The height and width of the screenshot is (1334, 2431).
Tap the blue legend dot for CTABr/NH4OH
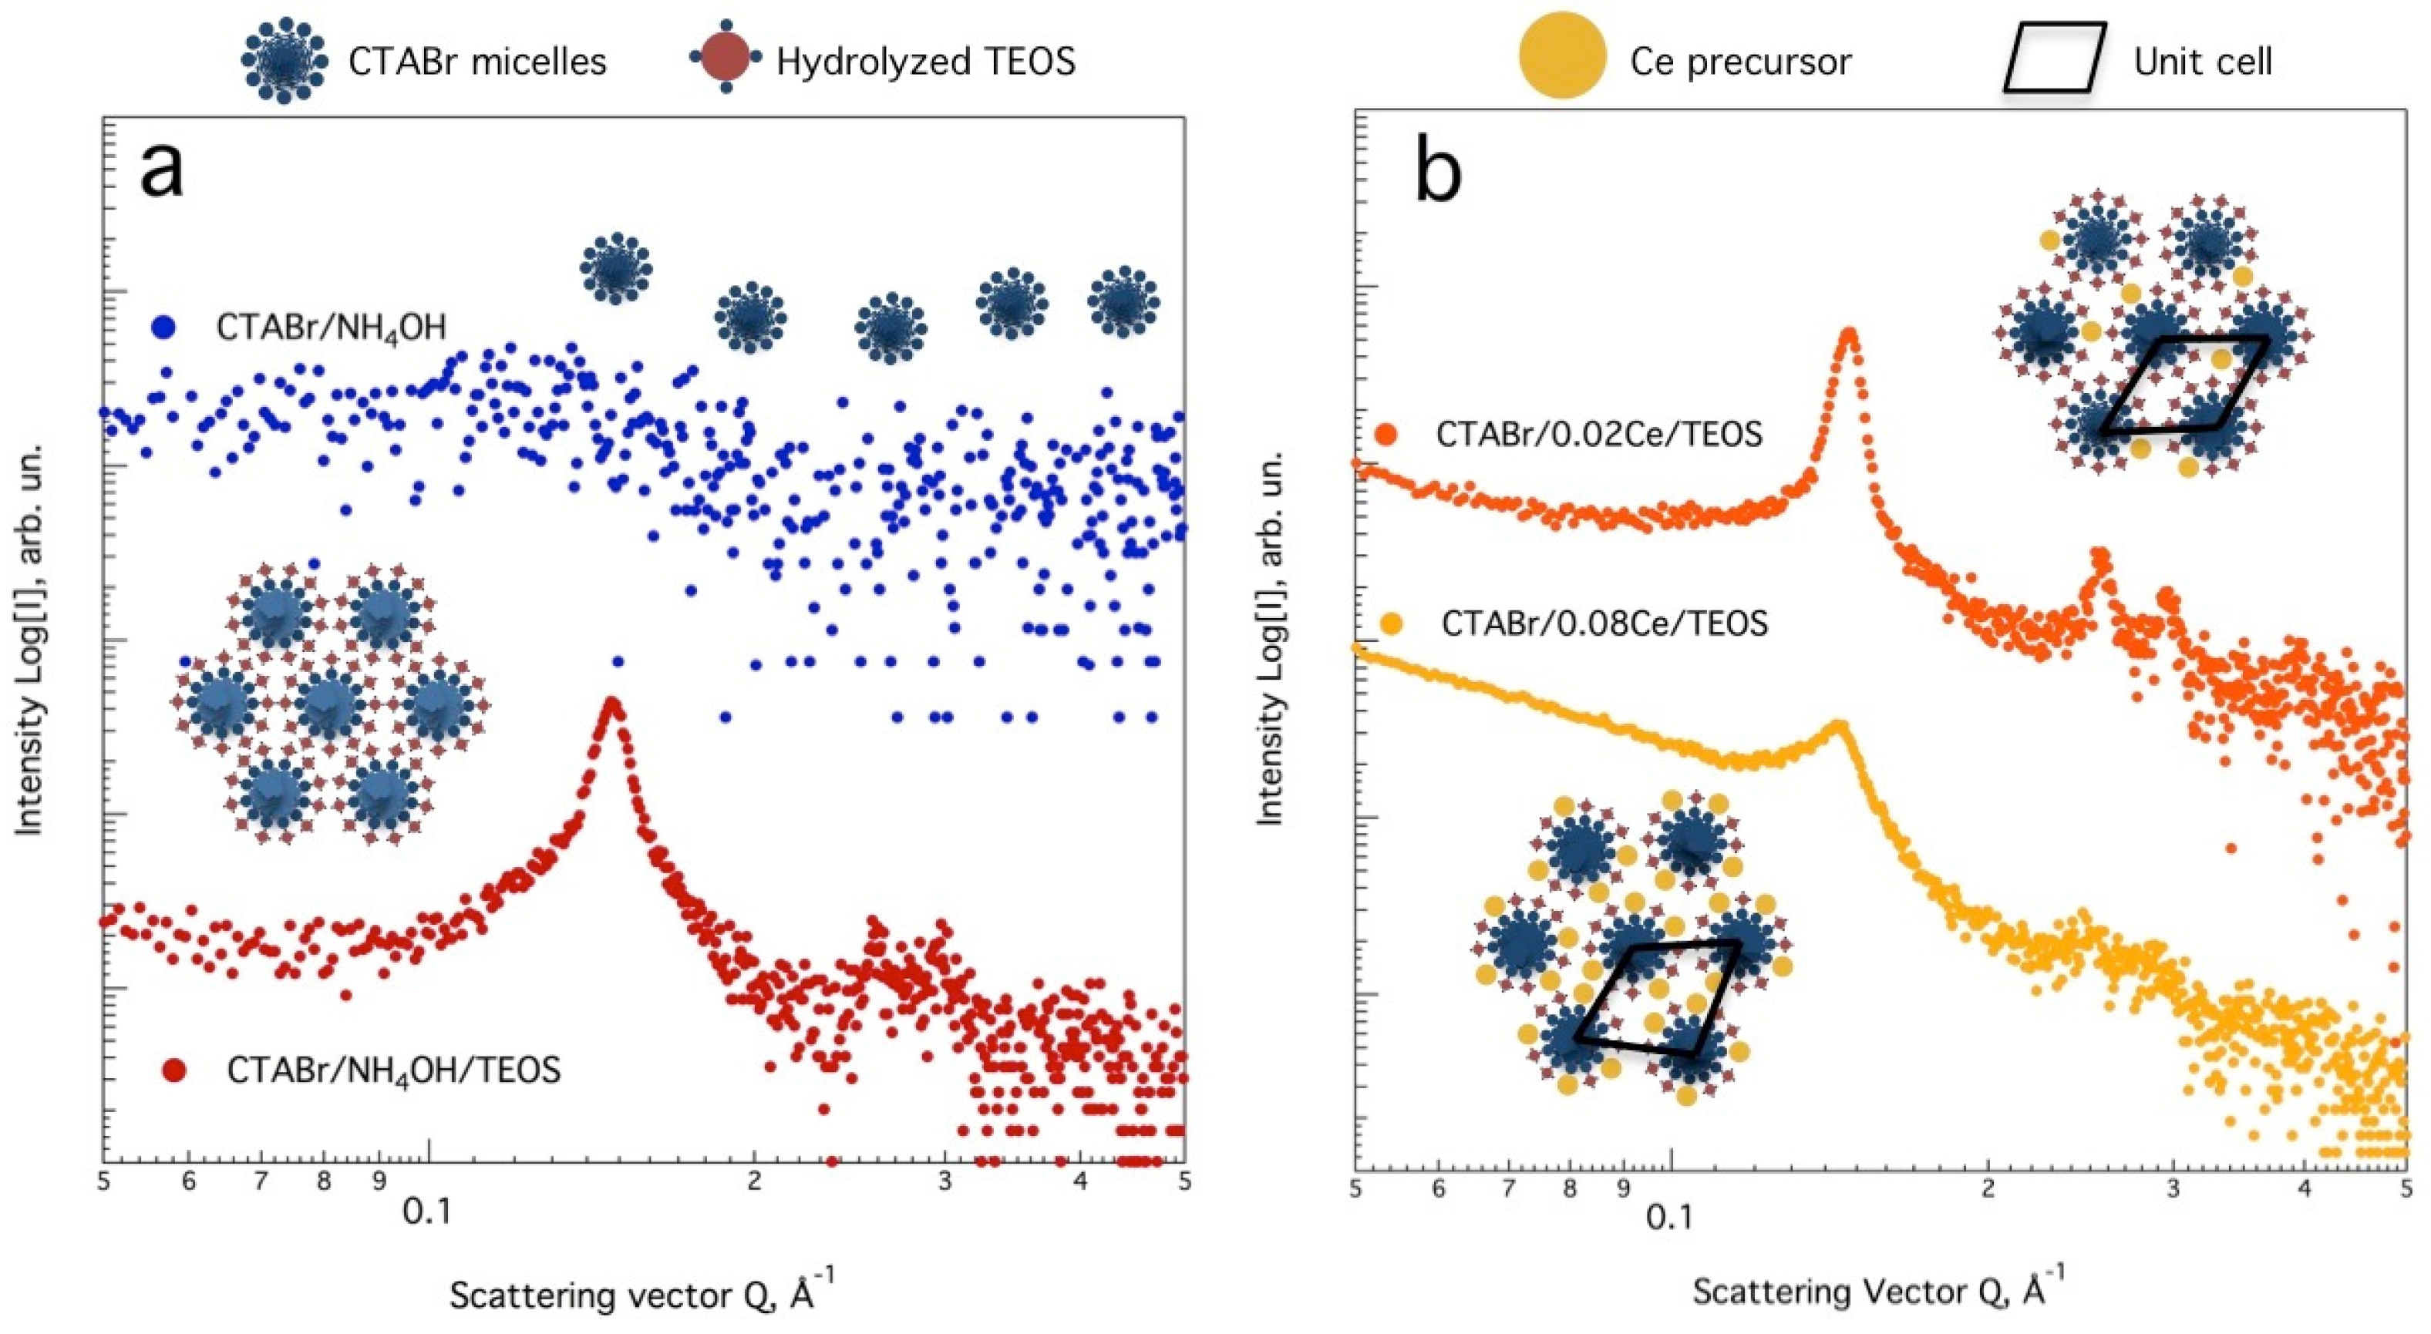pyautogui.click(x=164, y=327)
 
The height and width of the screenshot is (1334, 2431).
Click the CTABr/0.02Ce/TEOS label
pyautogui.click(x=1598, y=434)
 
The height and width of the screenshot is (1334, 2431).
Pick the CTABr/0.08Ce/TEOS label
pyautogui.click(x=1604, y=623)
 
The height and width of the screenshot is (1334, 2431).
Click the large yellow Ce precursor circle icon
pyautogui.click(x=1562, y=55)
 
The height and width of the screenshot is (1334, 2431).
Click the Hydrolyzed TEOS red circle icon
pyautogui.click(x=726, y=59)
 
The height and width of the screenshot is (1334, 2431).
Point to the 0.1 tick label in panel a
pyautogui.click(x=427, y=1211)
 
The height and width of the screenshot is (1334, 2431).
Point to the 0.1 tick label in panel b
pyautogui.click(x=1669, y=1216)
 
